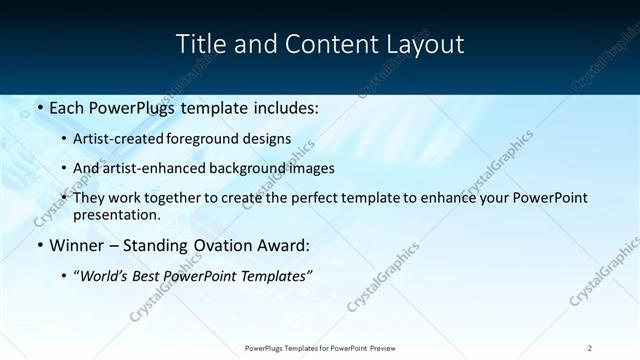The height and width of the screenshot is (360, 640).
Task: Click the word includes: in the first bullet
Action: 283,106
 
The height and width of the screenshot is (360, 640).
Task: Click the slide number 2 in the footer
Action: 590,347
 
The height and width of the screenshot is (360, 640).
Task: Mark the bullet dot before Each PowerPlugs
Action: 39,106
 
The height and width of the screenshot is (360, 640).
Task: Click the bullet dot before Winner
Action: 39,245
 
